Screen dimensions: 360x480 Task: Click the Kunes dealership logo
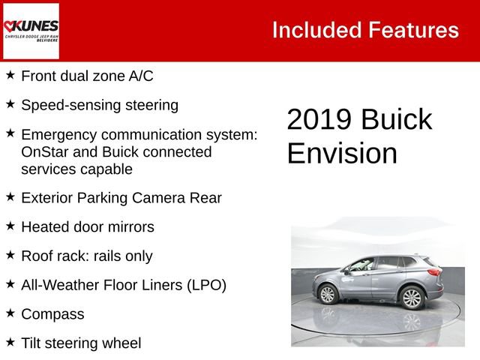31,31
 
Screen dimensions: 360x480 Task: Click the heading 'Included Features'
365,30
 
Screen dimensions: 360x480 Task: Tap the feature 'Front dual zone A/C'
88,76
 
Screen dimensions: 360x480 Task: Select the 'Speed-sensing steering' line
100,105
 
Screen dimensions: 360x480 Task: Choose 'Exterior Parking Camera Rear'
121,198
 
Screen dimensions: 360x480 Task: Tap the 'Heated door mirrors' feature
88,226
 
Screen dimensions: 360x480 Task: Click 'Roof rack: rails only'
87,256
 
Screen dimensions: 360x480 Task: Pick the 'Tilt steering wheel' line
81,343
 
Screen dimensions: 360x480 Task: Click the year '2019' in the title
319,120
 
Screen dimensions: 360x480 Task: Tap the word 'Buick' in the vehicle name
397,120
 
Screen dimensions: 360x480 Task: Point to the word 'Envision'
342,154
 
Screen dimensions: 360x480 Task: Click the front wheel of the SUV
328,294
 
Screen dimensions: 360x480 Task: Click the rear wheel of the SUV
412,298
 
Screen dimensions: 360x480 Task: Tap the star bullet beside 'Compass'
10,313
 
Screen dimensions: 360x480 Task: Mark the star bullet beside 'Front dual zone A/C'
10,75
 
